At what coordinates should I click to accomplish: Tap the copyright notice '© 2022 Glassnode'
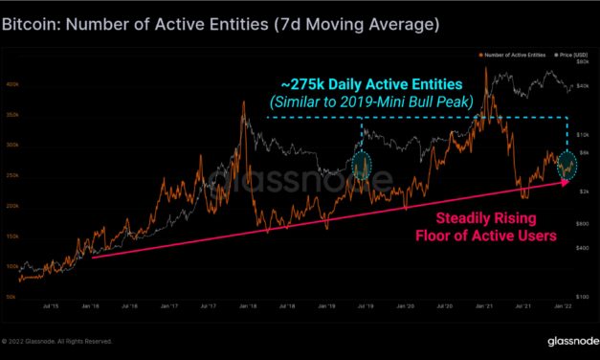tap(57, 341)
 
